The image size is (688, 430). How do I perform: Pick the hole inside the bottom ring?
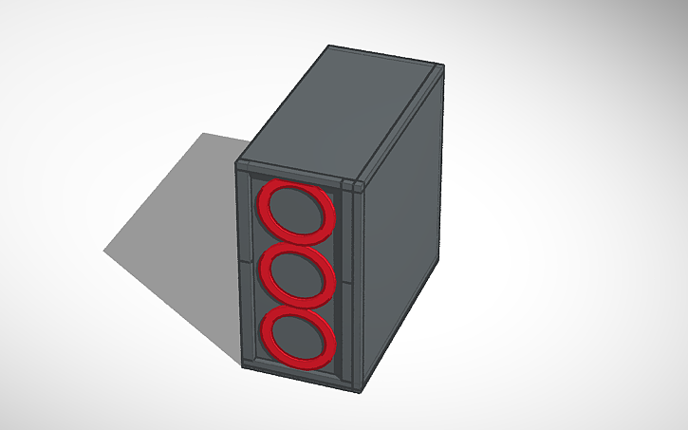(298, 337)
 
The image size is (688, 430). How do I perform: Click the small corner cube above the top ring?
(354, 184)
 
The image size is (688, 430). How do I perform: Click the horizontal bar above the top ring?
(294, 175)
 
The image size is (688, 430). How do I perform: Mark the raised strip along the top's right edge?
(399, 123)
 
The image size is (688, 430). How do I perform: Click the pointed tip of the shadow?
(105, 251)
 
